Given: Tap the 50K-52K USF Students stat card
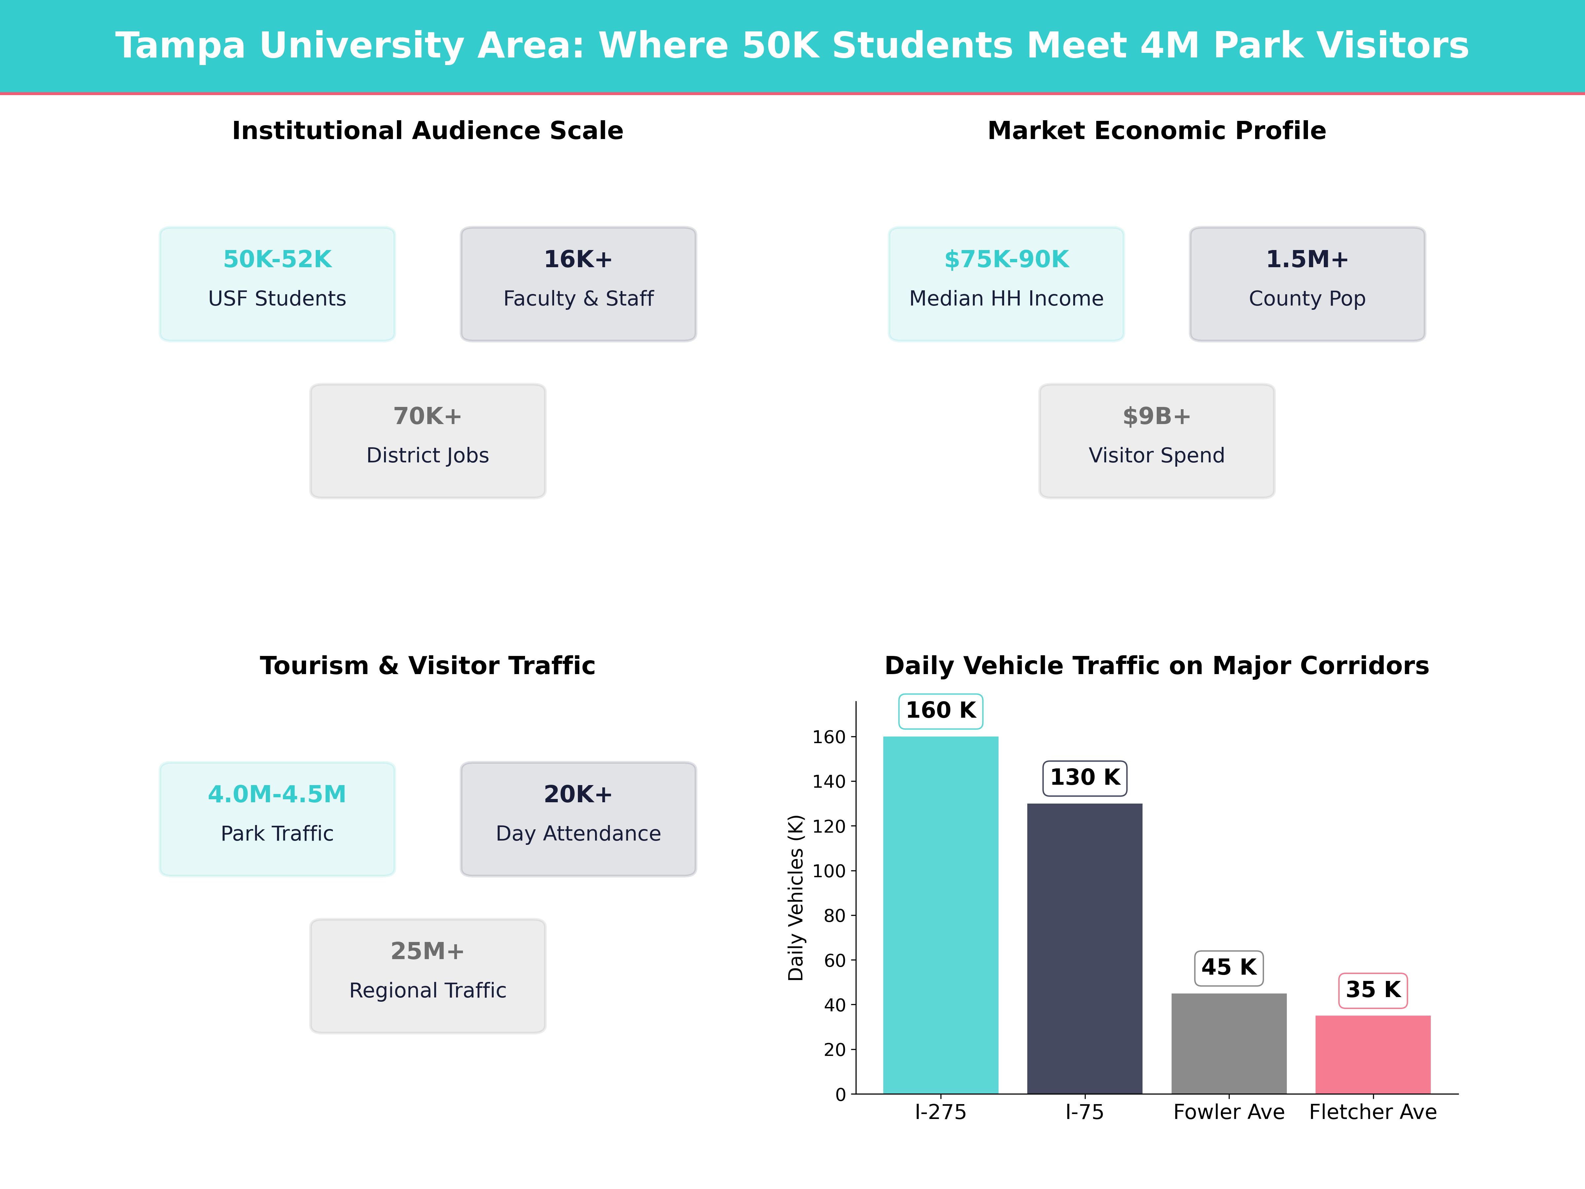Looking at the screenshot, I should (277, 284).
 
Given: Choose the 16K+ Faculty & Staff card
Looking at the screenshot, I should (578, 284).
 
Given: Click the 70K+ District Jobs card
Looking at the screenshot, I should (428, 441).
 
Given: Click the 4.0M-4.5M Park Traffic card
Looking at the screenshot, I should (277, 818).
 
